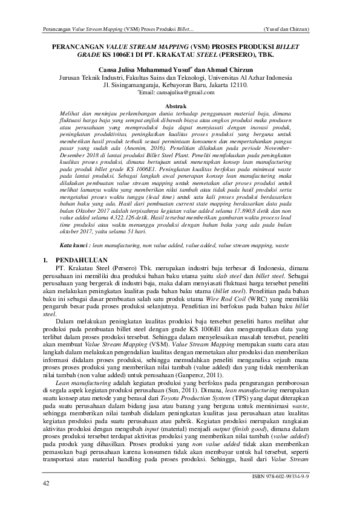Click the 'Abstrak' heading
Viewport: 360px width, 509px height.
tap(180, 106)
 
